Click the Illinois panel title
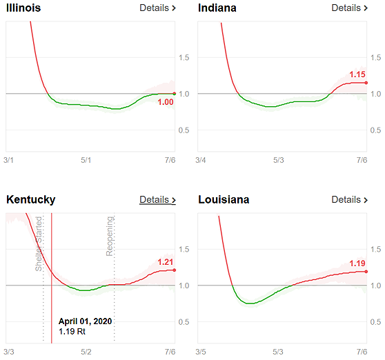click(x=23, y=8)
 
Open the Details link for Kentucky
click(x=157, y=200)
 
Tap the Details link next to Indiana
click(x=350, y=8)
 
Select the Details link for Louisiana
click(x=350, y=200)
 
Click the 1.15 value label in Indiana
click(x=357, y=74)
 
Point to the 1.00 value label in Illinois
click(x=166, y=102)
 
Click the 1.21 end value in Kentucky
click(x=165, y=262)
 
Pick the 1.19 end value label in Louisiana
click(x=357, y=263)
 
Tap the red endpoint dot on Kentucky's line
click(x=175, y=270)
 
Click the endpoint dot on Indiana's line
click(x=366, y=83)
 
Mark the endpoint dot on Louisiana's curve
click(x=366, y=272)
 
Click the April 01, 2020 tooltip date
click(x=85, y=321)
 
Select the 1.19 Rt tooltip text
click(x=72, y=332)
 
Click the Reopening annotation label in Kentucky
click(x=110, y=236)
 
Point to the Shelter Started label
click(x=39, y=243)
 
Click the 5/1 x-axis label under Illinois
click(x=86, y=160)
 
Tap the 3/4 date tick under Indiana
click(x=201, y=160)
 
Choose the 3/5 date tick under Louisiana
click(x=201, y=352)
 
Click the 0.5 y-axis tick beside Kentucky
click(x=184, y=321)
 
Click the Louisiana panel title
click(x=224, y=200)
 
